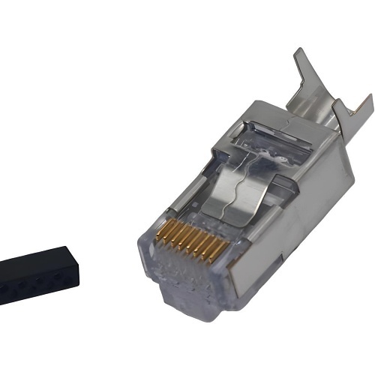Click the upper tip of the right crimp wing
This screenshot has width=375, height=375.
[369, 96]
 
